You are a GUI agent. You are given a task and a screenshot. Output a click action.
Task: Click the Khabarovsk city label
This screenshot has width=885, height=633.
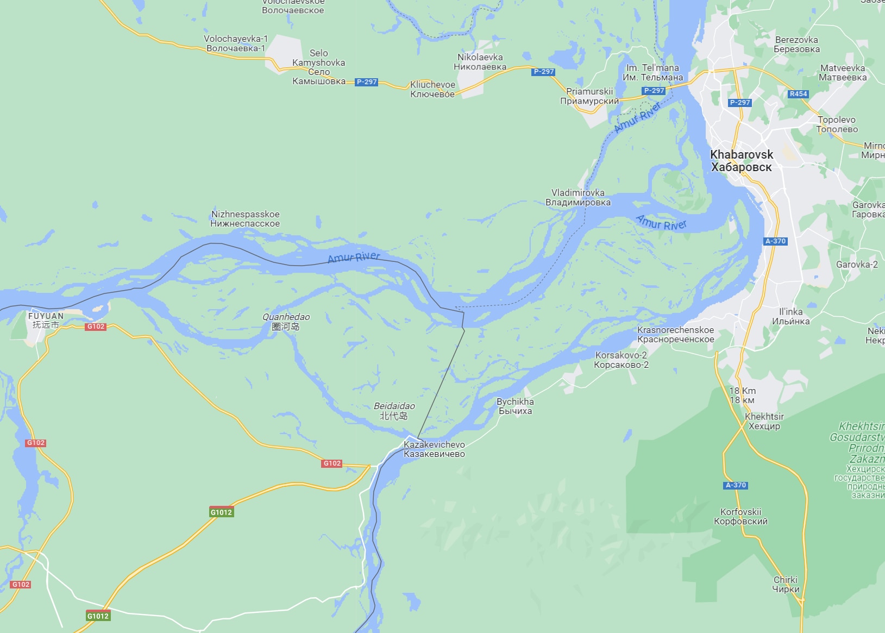pyautogui.click(x=742, y=161)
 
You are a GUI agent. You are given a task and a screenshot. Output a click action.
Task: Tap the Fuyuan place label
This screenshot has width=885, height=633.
pyautogui.click(x=46, y=320)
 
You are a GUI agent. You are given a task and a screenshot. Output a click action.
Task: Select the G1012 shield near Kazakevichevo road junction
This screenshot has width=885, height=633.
pyautogui.click(x=221, y=512)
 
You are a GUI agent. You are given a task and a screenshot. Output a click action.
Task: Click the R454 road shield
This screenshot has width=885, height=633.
pyautogui.click(x=798, y=94)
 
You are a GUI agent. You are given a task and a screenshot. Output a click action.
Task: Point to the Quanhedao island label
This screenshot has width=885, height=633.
pyautogui.click(x=286, y=322)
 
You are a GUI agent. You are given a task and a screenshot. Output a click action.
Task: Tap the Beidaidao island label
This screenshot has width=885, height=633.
pyautogui.click(x=394, y=411)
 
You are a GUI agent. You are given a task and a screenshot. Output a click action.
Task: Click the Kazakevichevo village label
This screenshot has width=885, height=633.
pyautogui.click(x=434, y=449)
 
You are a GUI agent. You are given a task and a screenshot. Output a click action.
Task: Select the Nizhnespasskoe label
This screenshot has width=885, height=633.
pyautogui.click(x=245, y=218)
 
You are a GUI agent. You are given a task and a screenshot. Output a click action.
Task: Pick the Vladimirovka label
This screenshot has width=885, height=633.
pyautogui.click(x=578, y=197)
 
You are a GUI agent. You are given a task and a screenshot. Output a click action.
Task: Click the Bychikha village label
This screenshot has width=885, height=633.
pyautogui.click(x=515, y=406)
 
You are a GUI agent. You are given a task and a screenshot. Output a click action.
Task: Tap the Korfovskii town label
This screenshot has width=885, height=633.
pyautogui.click(x=740, y=516)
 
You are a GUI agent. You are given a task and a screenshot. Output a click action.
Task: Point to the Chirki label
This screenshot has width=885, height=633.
pyautogui.click(x=786, y=584)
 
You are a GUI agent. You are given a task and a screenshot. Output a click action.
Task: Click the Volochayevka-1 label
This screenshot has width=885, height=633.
pyautogui.click(x=236, y=43)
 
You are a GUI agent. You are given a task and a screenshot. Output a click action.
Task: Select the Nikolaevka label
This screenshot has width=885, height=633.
pyautogui.click(x=480, y=62)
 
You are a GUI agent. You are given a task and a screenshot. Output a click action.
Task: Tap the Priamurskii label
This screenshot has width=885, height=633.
pyautogui.click(x=589, y=96)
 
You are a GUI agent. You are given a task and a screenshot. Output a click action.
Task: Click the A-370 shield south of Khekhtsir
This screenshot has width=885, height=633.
pyautogui.click(x=736, y=485)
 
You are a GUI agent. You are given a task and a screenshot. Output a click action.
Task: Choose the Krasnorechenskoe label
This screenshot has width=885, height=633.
pyautogui.click(x=675, y=334)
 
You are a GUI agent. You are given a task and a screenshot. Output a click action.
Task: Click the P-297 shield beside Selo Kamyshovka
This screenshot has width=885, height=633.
pyautogui.click(x=366, y=82)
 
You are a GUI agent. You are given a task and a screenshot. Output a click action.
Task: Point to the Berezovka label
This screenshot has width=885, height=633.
pyautogui.click(x=796, y=45)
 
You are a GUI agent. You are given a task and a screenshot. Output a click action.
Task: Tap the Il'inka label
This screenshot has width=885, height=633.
pyautogui.click(x=790, y=316)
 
